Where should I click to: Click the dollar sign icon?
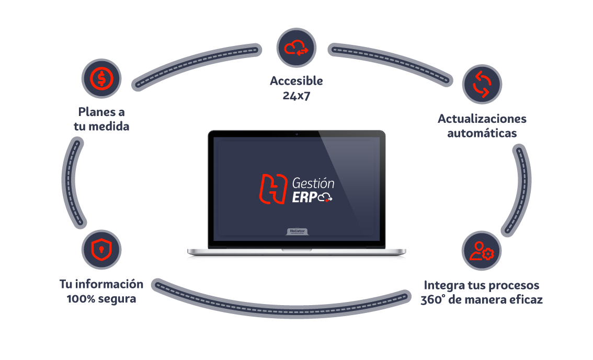tap(101, 79)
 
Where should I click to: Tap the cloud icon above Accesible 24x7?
tap(296, 48)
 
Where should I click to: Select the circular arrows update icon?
tap(482, 84)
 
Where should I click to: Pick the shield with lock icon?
tap(101, 250)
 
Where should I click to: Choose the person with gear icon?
tap(482, 250)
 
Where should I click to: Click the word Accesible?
tap(296, 81)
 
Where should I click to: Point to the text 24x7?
tap(296, 95)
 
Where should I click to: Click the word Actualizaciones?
tap(482, 119)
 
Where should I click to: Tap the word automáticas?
tap(482, 133)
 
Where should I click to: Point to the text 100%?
tap(81, 299)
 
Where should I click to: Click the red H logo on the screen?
tap(274, 189)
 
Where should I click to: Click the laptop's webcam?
tap(297, 134)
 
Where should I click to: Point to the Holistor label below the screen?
tap(297, 230)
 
